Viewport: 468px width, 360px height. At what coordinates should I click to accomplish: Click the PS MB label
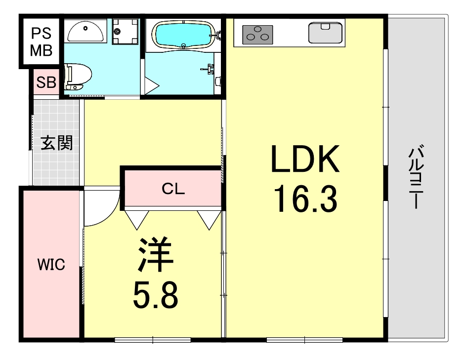coord(41,42)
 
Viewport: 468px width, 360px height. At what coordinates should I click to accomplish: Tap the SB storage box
coord(46,82)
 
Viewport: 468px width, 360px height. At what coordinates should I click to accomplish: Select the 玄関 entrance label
coord(57,143)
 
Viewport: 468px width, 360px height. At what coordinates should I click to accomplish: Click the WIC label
coord(51,264)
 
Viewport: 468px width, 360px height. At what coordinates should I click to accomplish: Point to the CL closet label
coord(173,189)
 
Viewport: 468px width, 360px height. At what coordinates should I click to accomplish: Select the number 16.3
coord(305,199)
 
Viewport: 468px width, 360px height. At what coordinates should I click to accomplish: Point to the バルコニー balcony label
coord(416,176)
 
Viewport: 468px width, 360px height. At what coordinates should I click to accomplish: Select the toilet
coord(78,77)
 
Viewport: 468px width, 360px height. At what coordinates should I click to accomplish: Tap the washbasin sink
coord(85,31)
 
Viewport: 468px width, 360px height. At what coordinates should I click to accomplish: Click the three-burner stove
coord(257,35)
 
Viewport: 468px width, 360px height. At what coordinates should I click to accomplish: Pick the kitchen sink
coord(325,33)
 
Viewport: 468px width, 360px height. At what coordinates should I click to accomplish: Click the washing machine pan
coord(126,32)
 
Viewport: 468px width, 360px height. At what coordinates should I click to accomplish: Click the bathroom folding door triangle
coord(152,86)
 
